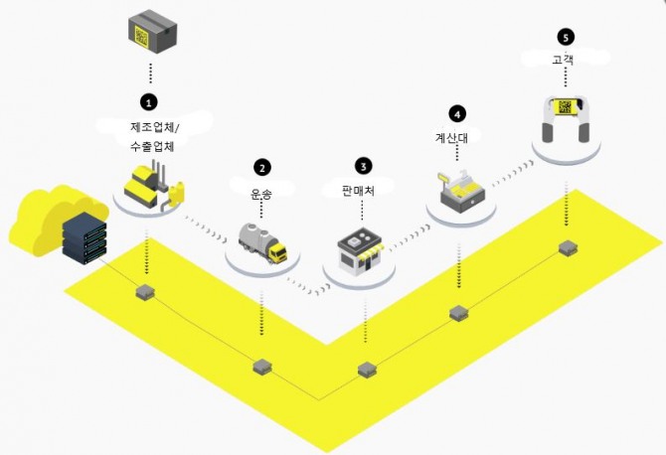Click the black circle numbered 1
[x=148, y=102]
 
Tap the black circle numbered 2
[x=262, y=168]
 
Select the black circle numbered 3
[x=363, y=166]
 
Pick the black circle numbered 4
[x=457, y=114]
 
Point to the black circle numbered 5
[x=566, y=38]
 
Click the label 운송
[x=261, y=195]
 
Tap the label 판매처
[x=359, y=191]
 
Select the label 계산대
[x=451, y=137]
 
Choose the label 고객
[x=564, y=59]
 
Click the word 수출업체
[x=152, y=146]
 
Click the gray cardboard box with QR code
[x=152, y=32]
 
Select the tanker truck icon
[x=262, y=242]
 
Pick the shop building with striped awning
[x=360, y=249]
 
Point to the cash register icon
[x=461, y=191]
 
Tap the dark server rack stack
[x=84, y=237]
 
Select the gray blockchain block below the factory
[x=145, y=292]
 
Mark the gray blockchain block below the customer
[x=568, y=247]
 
